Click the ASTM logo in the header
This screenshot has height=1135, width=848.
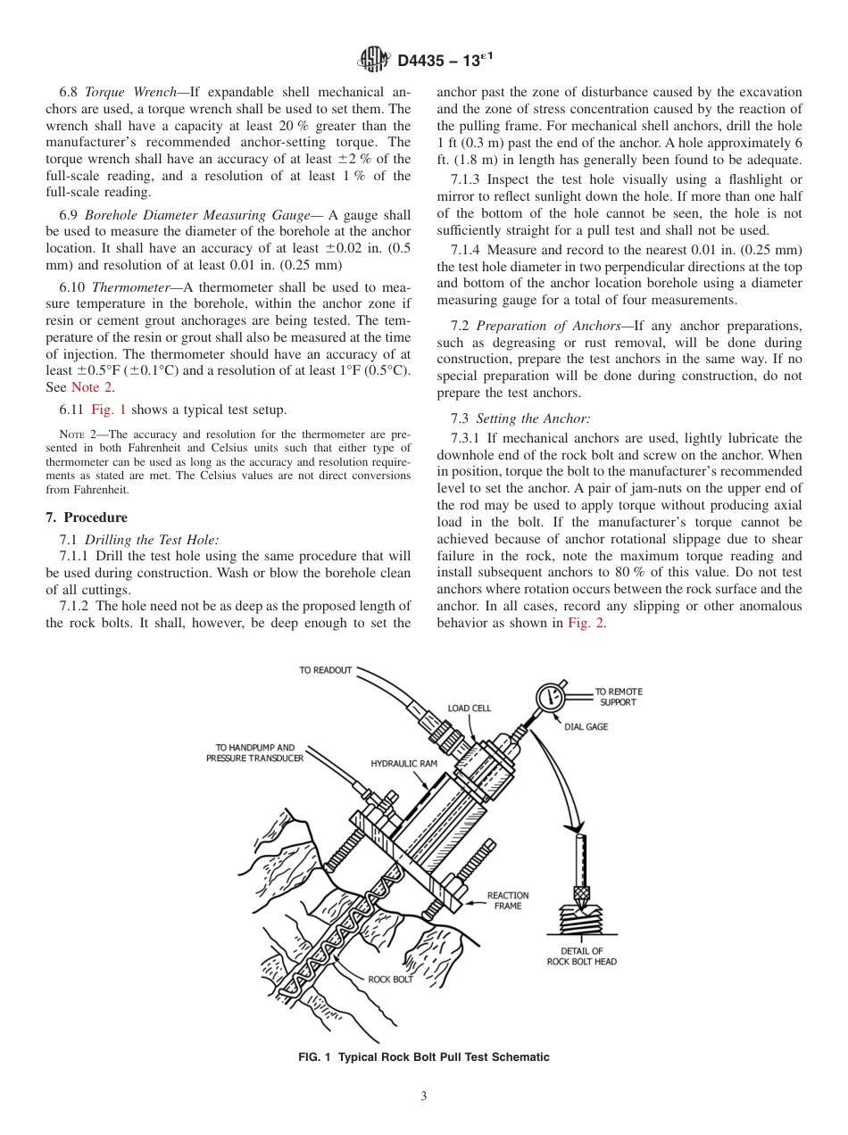[x=372, y=60]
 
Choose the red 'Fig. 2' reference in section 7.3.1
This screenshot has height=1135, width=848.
[x=586, y=623]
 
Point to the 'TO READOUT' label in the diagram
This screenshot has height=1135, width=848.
[x=325, y=670]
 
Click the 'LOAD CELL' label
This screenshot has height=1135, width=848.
[x=470, y=708]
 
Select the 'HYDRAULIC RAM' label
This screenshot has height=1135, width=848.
[x=403, y=764]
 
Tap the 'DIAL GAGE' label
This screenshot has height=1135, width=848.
[x=586, y=727]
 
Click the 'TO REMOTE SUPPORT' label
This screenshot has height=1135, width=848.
[x=619, y=697]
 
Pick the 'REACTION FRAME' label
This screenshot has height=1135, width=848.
[x=508, y=900]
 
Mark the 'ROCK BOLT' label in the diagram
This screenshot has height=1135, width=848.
[x=390, y=979]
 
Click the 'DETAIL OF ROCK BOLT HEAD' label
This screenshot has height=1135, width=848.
[x=581, y=956]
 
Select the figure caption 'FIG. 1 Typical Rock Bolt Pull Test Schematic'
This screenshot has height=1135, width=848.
[x=423, y=1057]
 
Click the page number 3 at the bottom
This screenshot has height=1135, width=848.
[x=423, y=1098]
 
